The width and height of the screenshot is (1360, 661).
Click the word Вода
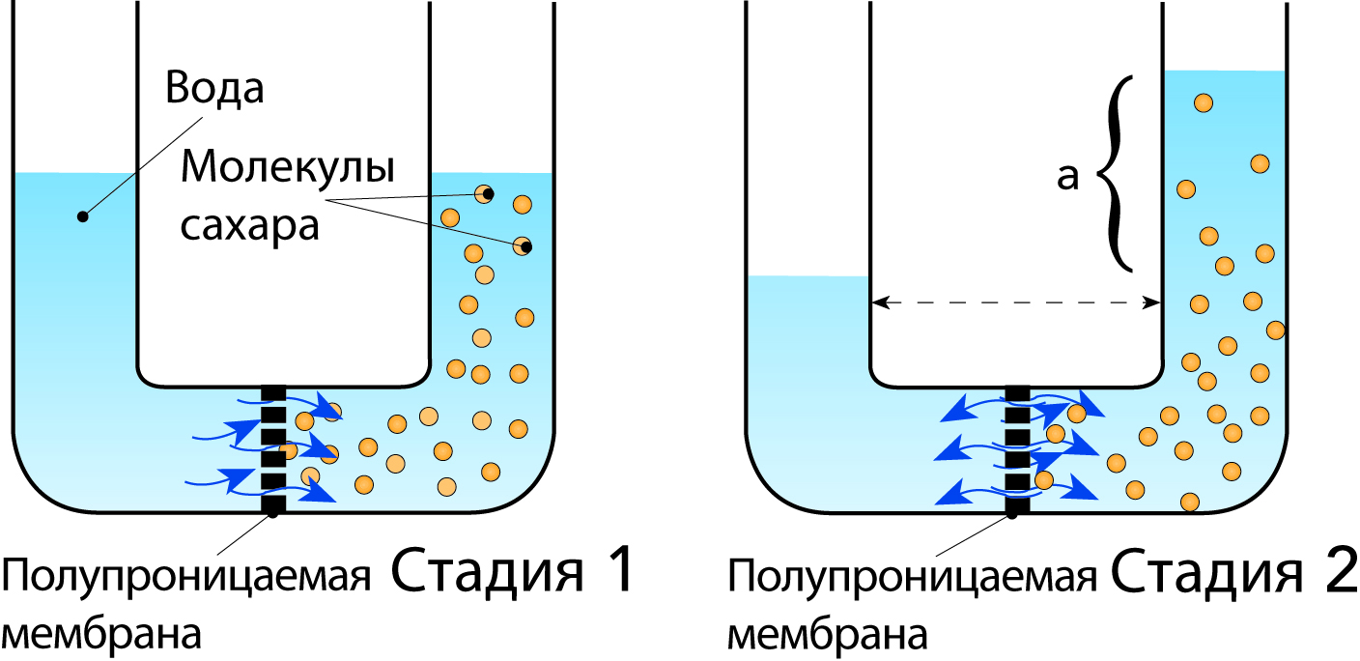point(214,88)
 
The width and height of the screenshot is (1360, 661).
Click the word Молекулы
point(288,171)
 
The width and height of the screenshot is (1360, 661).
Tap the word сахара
point(249,228)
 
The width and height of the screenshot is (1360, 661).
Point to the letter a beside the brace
point(1067,178)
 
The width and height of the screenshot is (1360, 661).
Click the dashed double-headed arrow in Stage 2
point(1015,302)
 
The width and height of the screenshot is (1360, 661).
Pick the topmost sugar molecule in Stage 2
point(1203,101)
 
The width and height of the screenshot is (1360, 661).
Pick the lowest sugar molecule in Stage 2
point(1190,502)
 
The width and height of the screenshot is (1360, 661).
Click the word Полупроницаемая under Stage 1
point(188,580)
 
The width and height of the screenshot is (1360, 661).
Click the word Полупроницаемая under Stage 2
point(913,580)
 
